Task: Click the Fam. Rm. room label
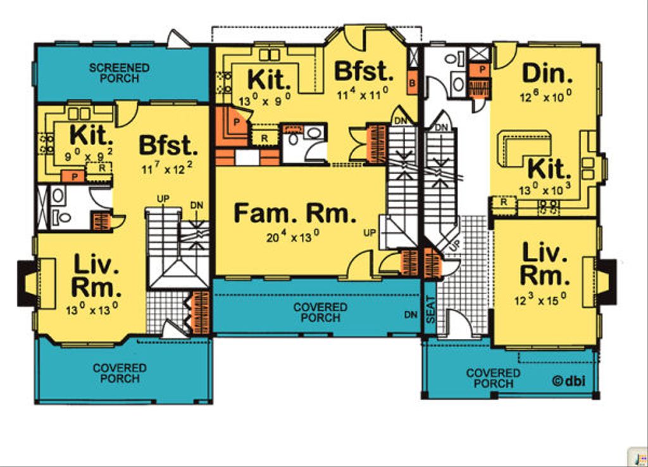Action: pyautogui.click(x=295, y=214)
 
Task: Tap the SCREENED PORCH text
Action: pyautogui.click(x=119, y=73)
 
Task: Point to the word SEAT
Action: pyautogui.click(x=430, y=316)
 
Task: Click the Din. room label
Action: pyautogui.click(x=547, y=74)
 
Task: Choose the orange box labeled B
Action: pyautogui.click(x=412, y=82)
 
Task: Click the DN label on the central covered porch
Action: pyautogui.click(x=410, y=314)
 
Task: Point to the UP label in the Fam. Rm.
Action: pyautogui.click(x=370, y=233)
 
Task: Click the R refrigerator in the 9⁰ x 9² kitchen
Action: pyautogui.click(x=101, y=169)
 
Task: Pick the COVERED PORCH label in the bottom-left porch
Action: pyautogui.click(x=120, y=373)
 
